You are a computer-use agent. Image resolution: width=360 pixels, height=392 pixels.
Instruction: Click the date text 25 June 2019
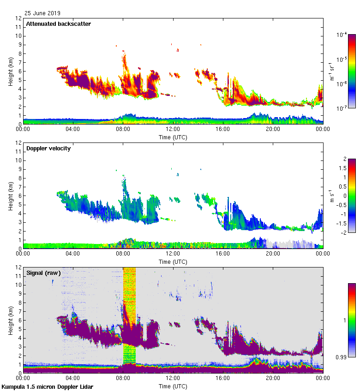(x=42, y=13)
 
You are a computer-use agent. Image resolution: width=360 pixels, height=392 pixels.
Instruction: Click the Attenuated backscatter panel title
(x=58, y=24)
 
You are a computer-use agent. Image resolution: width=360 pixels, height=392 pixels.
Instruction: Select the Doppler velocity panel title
(x=48, y=148)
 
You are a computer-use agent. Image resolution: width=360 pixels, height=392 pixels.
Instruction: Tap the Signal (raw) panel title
(x=43, y=273)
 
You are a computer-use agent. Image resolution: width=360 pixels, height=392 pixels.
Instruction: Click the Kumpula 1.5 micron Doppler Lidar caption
(x=47, y=386)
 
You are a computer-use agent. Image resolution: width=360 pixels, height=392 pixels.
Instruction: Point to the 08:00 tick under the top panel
(x=123, y=129)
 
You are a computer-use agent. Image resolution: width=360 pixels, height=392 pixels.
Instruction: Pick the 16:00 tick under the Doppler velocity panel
(x=222, y=253)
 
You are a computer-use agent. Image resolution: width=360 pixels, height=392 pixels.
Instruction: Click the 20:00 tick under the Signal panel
(x=272, y=378)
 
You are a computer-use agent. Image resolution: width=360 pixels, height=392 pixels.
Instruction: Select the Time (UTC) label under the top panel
(x=173, y=137)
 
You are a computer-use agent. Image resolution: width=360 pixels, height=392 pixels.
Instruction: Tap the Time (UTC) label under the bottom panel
(x=173, y=386)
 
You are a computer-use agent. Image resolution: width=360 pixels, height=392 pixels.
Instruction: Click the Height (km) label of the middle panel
(x=10, y=196)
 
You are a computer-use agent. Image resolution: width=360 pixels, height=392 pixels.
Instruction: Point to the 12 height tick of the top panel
(x=19, y=18)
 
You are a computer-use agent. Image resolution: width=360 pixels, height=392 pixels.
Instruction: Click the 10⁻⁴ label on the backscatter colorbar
(x=342, y=35)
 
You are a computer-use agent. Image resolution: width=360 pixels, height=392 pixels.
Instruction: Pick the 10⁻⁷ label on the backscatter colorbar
(x=342, y=108)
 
